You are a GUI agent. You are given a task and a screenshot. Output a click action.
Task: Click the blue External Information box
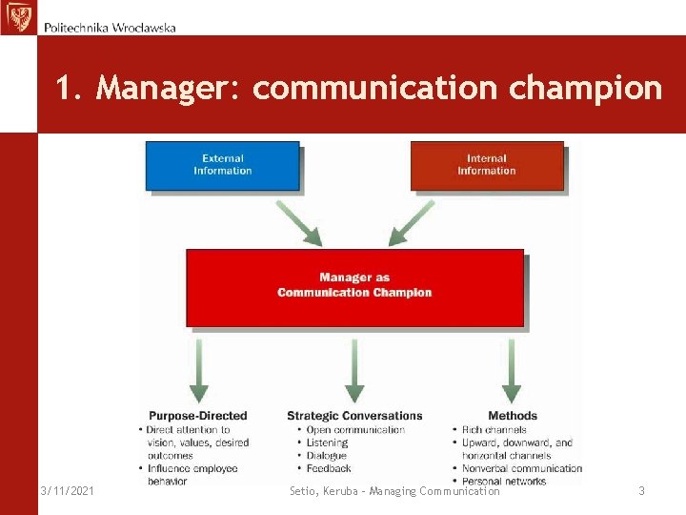(x=222, y=165)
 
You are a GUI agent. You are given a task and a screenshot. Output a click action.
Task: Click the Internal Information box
(x=486, y=165)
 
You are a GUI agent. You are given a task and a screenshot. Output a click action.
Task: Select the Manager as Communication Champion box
(x=354, y=286)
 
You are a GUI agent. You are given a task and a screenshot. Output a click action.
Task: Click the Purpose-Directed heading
(x=197, y=416)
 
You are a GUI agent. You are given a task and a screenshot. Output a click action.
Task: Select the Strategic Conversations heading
(x=354, y=416)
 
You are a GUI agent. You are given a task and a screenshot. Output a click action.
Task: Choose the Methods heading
(x=513, y=416)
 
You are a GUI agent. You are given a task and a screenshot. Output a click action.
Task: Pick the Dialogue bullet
(x=327, y=456)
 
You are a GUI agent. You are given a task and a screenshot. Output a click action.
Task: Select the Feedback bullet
(x=329, y=468)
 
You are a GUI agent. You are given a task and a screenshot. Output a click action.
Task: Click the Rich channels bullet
(x=494, y=430)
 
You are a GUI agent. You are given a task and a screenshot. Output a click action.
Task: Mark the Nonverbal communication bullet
(x=521, y=468)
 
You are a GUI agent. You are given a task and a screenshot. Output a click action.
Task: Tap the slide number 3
(x=641, y=490)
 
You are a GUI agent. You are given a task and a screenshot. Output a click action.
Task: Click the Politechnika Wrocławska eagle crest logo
(x=18, y=18)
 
